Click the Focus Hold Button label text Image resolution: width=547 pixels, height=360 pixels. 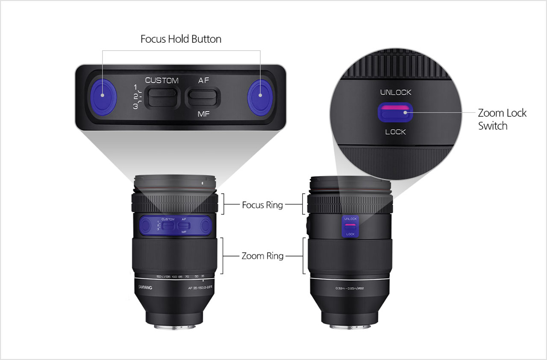pyautogui.click(x=181, y=39)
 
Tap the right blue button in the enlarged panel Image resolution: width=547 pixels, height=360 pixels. pyautogui.click(x=259, y=97)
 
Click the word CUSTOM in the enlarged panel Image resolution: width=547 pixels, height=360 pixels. pyautogui.click(x=162, y=80)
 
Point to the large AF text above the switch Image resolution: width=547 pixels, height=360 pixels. pyautogui.click(x=204, y=80)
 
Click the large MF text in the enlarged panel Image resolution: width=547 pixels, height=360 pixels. pyautogui.click(x=204, y=114)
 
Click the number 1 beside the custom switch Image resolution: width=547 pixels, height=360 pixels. pyautogui.click(x=135, y=87)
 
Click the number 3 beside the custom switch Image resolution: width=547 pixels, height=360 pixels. pyautogui.click(x=135, y=106)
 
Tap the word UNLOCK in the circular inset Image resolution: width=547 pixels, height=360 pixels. pyautogui.click(x=395, y=92)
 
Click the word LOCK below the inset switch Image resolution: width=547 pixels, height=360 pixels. pyautogui.click(x=395, y=132)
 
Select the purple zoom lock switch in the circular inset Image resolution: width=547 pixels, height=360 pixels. pyautogui.click(x=395, y=112)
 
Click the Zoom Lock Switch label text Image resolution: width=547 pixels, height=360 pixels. pyautogui.click(x=502, y=119)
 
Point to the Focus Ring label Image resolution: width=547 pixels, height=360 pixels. pyautogui.click(x=262, y=205)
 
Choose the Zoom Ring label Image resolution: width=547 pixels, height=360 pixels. pyautogui.click(x=262, y=256)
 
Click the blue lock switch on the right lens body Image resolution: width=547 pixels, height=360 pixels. pyautogui.click(x=350, y=227)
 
